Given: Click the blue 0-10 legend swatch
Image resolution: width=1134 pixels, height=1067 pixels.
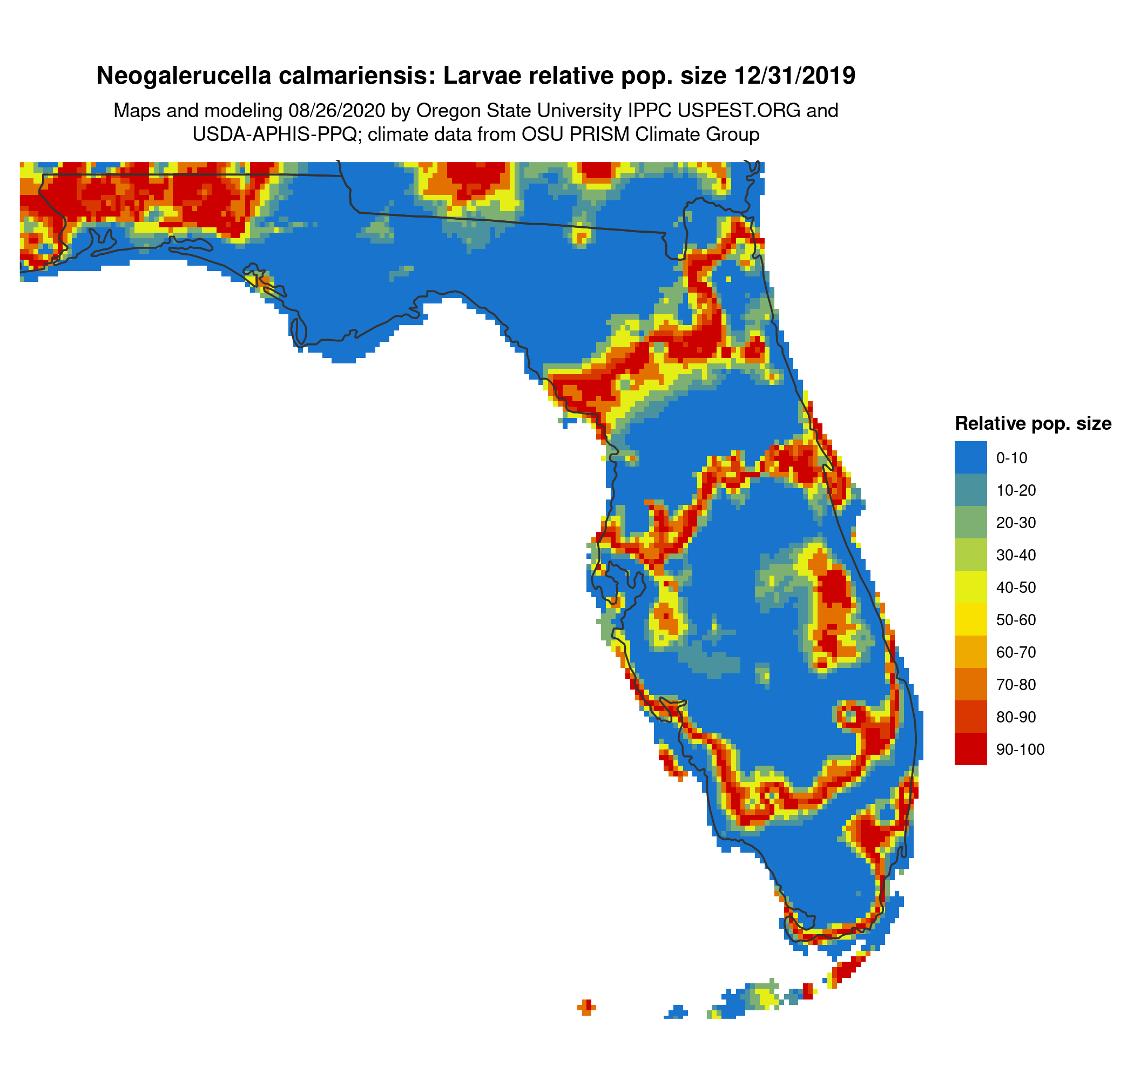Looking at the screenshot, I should pyautogui.click(x=970, y=457).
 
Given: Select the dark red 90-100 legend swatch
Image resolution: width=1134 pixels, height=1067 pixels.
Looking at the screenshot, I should pyautogui.click(x=970, y=749).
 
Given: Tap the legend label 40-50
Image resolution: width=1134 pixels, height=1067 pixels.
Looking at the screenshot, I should pyautogui.click(x=1016, y=587).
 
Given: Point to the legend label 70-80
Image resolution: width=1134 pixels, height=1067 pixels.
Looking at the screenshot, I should pyautogui.click(x=1016, y=684).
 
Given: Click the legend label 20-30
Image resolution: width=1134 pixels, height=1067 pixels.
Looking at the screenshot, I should pyautogui.click(x=1016, y=522).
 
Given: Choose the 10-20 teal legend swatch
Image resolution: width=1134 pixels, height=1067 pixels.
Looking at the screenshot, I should pyautogui.click(x=970, y=490).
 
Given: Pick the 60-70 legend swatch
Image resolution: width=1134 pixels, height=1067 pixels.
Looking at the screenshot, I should pyautogui.click(x=970, y=652).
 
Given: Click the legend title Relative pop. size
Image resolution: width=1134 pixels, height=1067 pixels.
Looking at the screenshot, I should pyautogui.click(x=1032, y=424).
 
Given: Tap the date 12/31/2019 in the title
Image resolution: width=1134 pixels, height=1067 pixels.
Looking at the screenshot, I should pyautogui.click(x=795, y=76).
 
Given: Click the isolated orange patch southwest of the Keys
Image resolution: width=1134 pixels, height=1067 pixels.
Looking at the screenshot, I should pyautogui.click(x=586, y=1007).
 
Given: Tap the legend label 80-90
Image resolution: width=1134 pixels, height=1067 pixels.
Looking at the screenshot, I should pyautogui.click(x=1016, y=717).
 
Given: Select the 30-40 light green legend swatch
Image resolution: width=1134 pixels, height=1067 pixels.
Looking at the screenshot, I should pyautogui.click(x=970, y=555).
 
